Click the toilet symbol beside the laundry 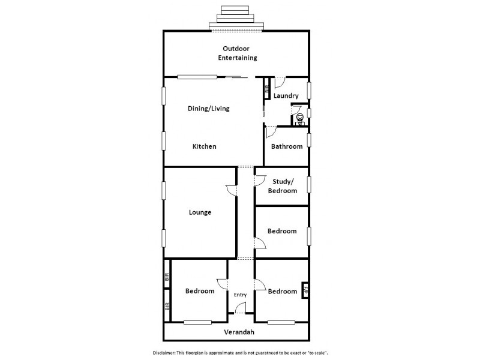pyautogui.click(x=299, y=118)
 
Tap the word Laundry pyautogui.click(x=286, y=96)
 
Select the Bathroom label pyautogui.click(x=287, y=146)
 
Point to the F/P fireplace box pyautogui.click(x=305, y=290)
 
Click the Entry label pyautogui.click(x=240, y=295)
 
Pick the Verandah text pyautogui.click(x=239, y=332)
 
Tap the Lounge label pyautogui.click(x=200, y=212)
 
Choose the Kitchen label pyautogui.click(x=204, y=146)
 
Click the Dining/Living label pyautogui.click(x=209, y=109)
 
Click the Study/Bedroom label pyautogui.click(x=282, y=186)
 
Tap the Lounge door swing pyautogui.click(x=231, y=189)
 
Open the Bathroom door pyautogui.click(x=271, y=131)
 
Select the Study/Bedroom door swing pyautogui.click(x=261, y=178)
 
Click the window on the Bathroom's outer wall pyautogui.click(x=309, y=140)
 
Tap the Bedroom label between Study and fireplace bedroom pyautogui.click(x=282, y=231)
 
